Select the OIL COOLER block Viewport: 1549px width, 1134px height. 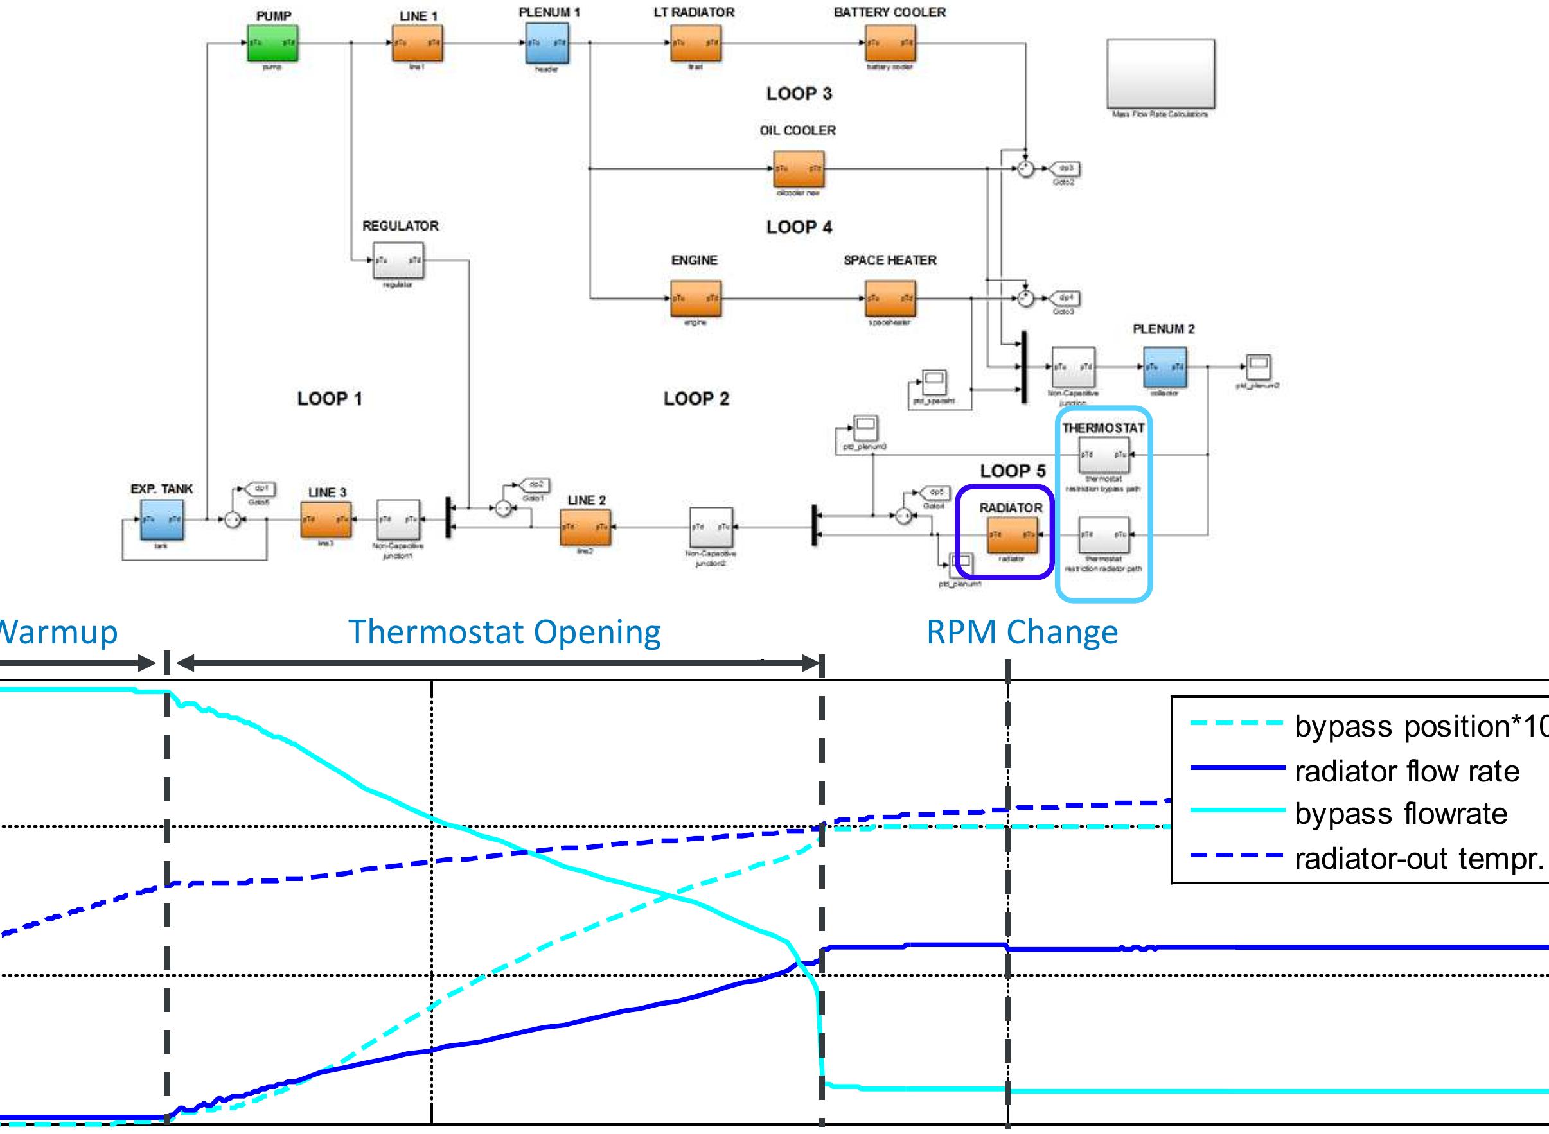[799, 168]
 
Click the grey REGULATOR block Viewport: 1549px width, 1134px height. [398, 261]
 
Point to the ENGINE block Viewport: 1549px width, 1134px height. [696, 298]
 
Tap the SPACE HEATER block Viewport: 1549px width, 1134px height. [890, 298]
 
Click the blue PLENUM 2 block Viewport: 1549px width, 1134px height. [1165, 367]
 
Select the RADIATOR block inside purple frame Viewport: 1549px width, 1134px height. [1012, 535]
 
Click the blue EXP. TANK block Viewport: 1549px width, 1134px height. [162, 519]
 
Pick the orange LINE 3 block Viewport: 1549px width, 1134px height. [326, 519]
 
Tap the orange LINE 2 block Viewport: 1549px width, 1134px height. [585, 527]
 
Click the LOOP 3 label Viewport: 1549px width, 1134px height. [799, 93]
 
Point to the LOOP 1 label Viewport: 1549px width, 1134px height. [330, 399]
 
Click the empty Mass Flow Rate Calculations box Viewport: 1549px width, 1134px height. [1160, 74]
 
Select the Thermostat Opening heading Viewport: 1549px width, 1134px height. [504, 631]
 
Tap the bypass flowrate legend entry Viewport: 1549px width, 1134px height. [1401, 814]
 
